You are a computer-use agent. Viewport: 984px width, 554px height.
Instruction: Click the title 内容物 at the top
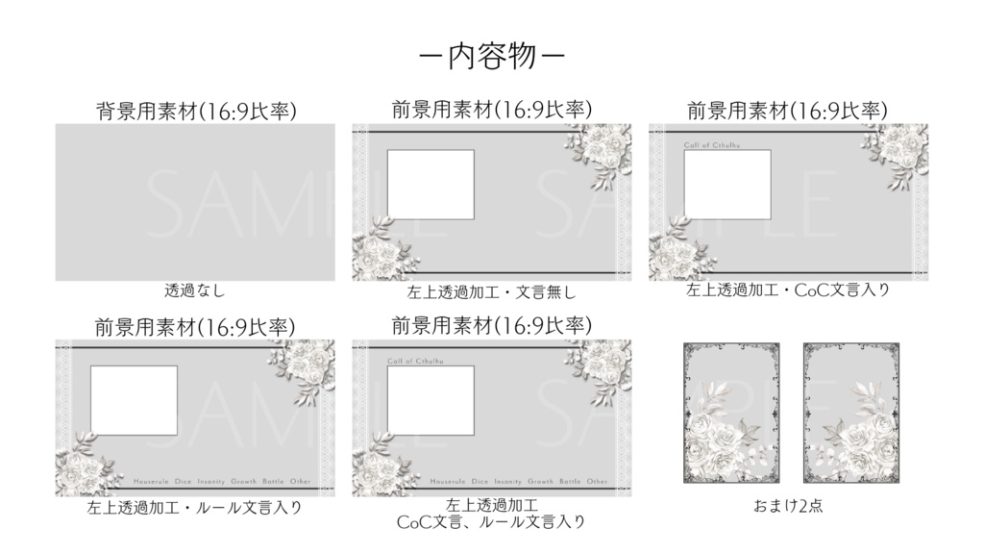pyautogui.click(x=491, y=57)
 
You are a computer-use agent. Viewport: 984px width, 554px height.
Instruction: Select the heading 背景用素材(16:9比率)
pyautogui.click(x=195, y=110)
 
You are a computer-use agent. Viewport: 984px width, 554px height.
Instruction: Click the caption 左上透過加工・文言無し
pyautogui.click(x=491, y=290)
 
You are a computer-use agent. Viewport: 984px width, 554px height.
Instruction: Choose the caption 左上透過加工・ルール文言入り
pyautogui.click(x=195, y=507)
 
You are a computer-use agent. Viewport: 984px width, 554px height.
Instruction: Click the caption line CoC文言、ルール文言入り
pyautogui.click(x=491, y=522)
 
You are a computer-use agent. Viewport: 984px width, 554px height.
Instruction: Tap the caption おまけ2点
pyautogui.click(x=788, y=506)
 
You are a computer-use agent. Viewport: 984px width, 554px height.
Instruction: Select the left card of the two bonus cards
pyautogui.click(x=730, y=413)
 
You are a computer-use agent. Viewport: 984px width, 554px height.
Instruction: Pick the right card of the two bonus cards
pyautogui.click(x=851, y=413)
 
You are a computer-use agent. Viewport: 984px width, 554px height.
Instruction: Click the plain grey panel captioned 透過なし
pyautogui.click(x=195, y=202)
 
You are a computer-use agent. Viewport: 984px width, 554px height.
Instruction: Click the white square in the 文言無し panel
pyautogui.click(x=430, y=185)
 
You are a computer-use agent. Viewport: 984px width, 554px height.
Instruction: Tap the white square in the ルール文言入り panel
pyautogui.click(x=134, y=400)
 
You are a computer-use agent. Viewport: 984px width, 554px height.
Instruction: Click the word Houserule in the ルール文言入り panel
pyautogui.click(x=153, y=481)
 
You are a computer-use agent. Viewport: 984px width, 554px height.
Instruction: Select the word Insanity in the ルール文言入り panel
pyautogui.click(x=226, y=481)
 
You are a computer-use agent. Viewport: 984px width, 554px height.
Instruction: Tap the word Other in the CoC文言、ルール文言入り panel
pyautogui.click(x=597, y=481)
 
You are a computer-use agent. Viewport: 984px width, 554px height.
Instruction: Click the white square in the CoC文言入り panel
pyautogui.click(x=727, y=185)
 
